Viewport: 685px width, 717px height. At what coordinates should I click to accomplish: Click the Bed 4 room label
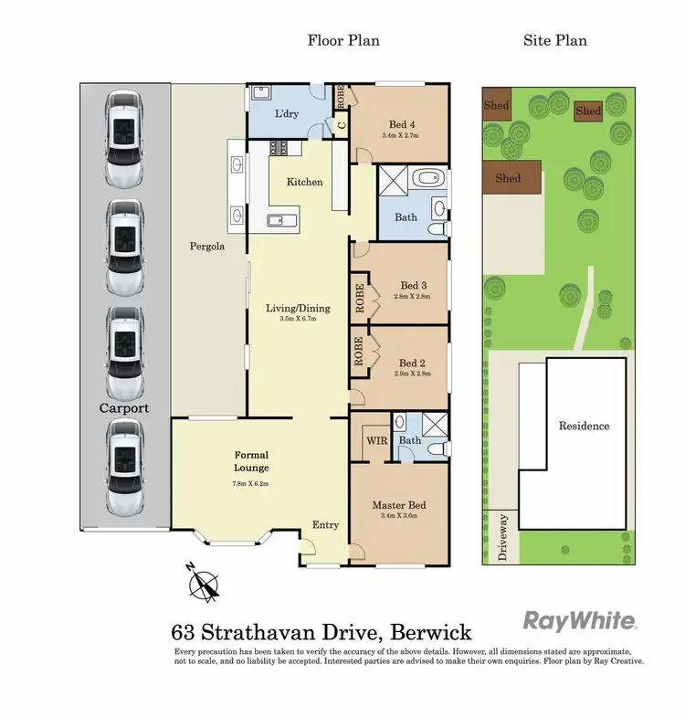[399, 124]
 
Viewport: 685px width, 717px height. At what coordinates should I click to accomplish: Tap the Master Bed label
[399, 505]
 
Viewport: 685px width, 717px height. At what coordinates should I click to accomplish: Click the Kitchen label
[304, 182]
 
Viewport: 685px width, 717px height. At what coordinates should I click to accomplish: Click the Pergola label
[207, 247]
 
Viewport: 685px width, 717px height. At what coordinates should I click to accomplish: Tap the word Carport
[124, 408]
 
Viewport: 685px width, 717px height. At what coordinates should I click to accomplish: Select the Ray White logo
[579, 621]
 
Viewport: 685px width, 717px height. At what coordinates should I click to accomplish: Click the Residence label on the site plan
[585, 427]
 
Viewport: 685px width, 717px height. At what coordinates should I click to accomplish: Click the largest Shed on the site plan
[509, 177]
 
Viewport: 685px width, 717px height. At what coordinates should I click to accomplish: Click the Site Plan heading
[554, 40]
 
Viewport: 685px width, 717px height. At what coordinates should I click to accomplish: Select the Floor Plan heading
[343, 40]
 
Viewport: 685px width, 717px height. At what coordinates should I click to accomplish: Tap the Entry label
[325, 524]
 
